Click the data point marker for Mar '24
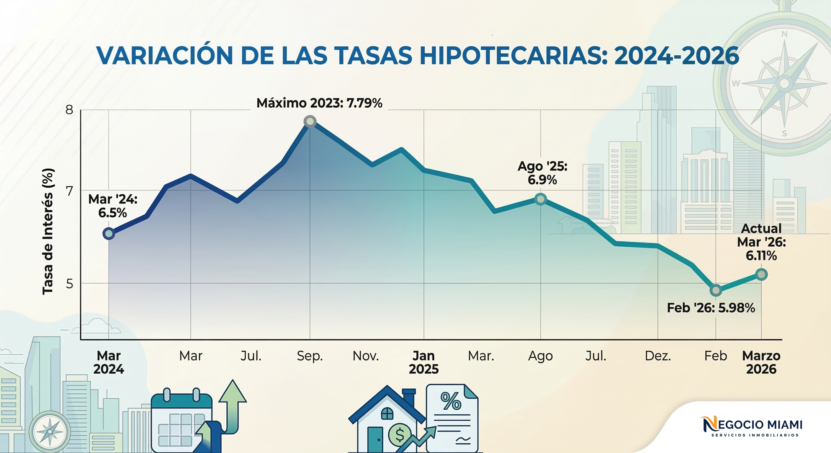point(109,234)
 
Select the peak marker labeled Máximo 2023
point(310,122)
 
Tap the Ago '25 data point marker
point(541,199)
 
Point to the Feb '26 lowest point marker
point(716,290)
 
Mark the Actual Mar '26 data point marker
point(762,275)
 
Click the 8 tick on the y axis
point(69,110)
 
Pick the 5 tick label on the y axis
point(69,284)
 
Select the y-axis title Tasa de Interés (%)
point(48,231)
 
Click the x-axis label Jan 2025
point(423,362)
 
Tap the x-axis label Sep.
point(310,356)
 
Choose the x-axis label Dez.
point(658,356)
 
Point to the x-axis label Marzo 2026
point(761,362)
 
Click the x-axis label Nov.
point(366,356)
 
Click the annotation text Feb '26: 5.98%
point(711,308)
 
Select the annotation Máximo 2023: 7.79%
point(319,103)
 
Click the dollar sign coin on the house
point(400,435)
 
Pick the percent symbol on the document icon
point(451,401)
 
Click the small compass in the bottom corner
point(50,431)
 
